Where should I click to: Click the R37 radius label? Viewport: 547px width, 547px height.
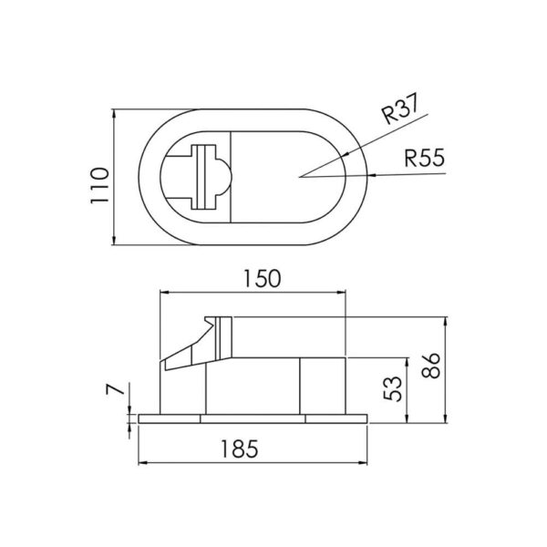399,108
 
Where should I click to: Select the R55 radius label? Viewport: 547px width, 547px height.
425,158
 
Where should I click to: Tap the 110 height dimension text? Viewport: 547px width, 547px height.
100,186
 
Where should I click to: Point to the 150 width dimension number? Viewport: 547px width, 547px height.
262,279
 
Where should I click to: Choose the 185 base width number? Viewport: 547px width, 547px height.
240,449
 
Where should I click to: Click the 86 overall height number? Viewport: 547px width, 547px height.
431,366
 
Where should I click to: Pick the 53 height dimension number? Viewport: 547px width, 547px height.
392,388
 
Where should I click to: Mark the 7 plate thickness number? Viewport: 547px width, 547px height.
115,389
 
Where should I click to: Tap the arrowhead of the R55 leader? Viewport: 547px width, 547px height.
372,175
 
